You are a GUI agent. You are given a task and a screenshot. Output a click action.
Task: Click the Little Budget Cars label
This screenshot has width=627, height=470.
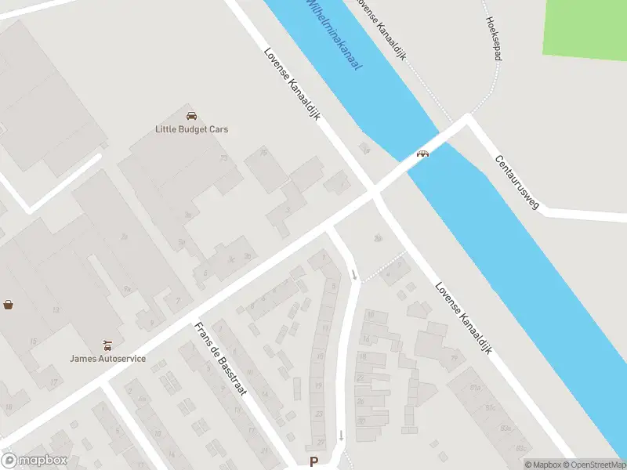pyautogui.click(x=191, y=129)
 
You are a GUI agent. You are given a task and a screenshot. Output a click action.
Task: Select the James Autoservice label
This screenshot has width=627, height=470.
pyautogui.click(x=107, y=359)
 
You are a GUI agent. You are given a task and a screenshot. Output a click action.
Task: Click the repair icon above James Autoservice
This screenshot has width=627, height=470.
pyautogui.click(x=107, y=345)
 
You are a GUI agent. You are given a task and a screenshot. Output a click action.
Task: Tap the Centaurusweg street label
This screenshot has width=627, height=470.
pyautogui.click(x=517, y=182)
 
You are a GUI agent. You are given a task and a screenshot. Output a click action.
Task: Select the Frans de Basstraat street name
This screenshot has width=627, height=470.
pyautogui.click(x=220, y=359)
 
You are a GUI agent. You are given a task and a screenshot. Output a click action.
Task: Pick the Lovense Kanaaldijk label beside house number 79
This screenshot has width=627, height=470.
pyautogui.click(x=464, y=320)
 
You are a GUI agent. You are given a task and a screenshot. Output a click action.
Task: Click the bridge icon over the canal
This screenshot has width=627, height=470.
pyautogui.click(x=422, y=154)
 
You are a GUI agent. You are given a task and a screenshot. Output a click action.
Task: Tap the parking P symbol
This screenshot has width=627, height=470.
pyautogui.click(x=314, y=462)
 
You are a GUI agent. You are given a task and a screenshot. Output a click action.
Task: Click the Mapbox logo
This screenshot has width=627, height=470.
pyautogui.click(x=34, y=461)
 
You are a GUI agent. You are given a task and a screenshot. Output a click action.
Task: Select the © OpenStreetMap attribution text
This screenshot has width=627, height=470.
pyautogui.click(x=594, y=465)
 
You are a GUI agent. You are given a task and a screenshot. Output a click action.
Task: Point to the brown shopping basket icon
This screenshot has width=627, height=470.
pyautogui.click(x=9, y=304)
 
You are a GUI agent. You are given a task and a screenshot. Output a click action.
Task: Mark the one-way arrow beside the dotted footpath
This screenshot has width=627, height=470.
pyautogui.click(x=354, y=274)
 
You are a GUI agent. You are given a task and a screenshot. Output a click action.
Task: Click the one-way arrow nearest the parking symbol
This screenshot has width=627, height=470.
pyautogui.click(x=341, y=435)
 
